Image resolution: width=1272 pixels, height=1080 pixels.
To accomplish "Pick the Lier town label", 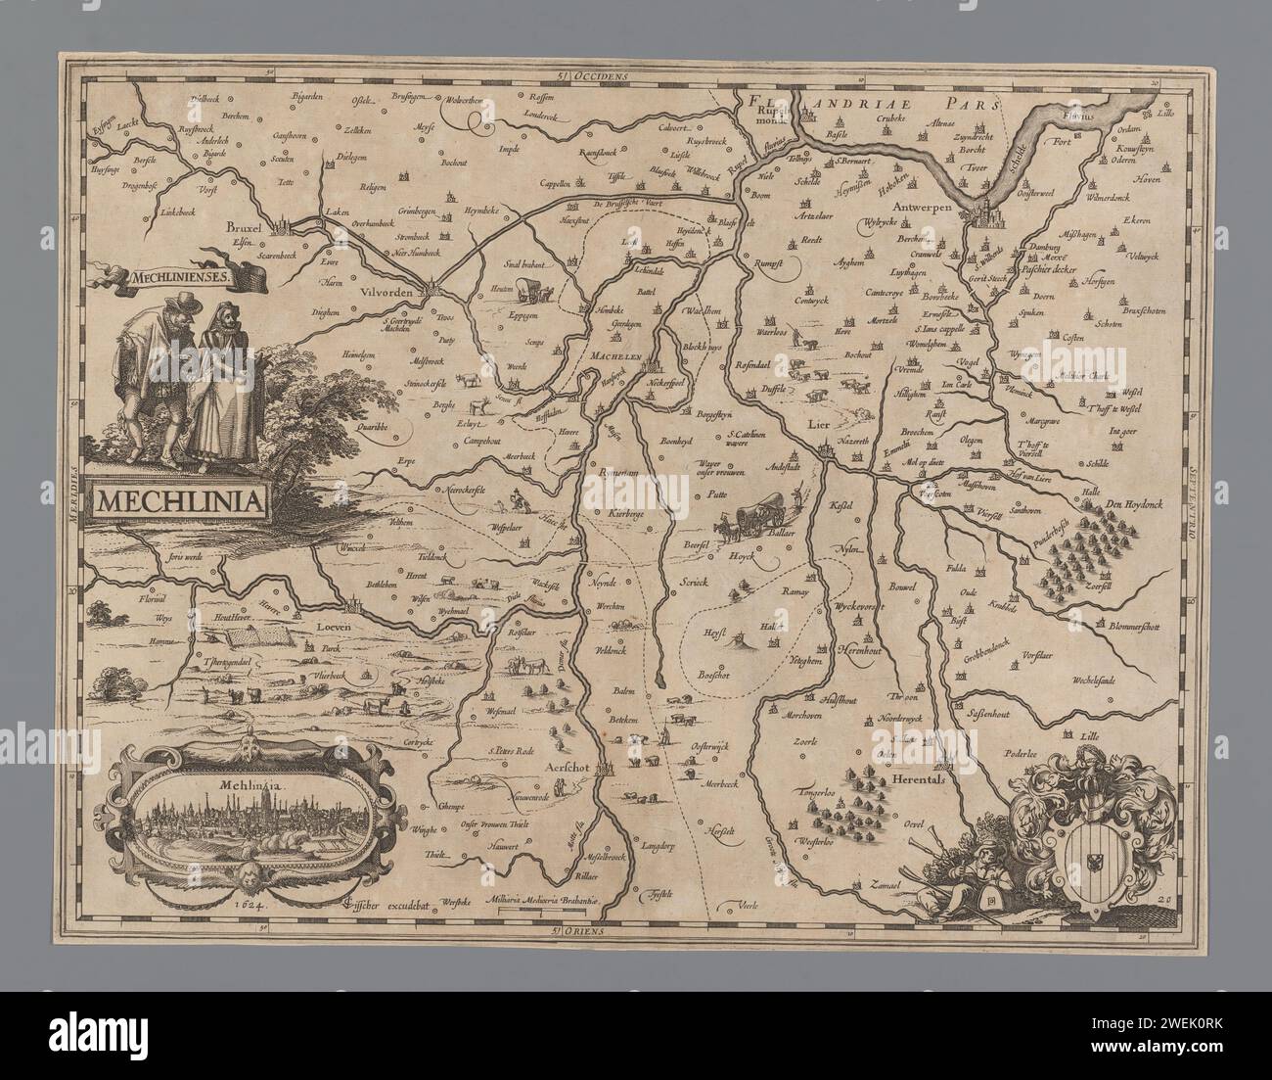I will pyautogui.click(x=818, y=425).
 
